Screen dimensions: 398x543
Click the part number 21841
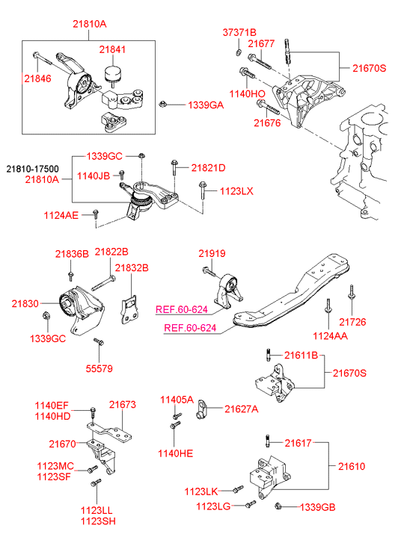point(112,49)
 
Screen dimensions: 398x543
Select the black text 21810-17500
point(33,169)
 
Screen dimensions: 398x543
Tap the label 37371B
point(239,33)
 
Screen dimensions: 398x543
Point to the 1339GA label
point(206,105)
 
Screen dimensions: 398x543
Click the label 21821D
point(208,168)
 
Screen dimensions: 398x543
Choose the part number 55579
point(99,368)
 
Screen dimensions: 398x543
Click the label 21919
point(212,253)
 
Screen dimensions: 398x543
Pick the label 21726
point(352,322)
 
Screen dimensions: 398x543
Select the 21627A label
point(241,409)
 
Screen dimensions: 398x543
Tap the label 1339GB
point(317,507)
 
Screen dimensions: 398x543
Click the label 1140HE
point(175,453)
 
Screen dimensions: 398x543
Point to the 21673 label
point(123,405)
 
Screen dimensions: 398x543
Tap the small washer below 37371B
point(239,52)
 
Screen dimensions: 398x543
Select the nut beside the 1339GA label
point(162,103)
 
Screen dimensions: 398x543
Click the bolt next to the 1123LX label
point(202,190)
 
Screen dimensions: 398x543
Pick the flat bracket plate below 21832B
point(129,310)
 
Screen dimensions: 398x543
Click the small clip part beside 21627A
point(201,409)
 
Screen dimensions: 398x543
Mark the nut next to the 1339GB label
point(278,506)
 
